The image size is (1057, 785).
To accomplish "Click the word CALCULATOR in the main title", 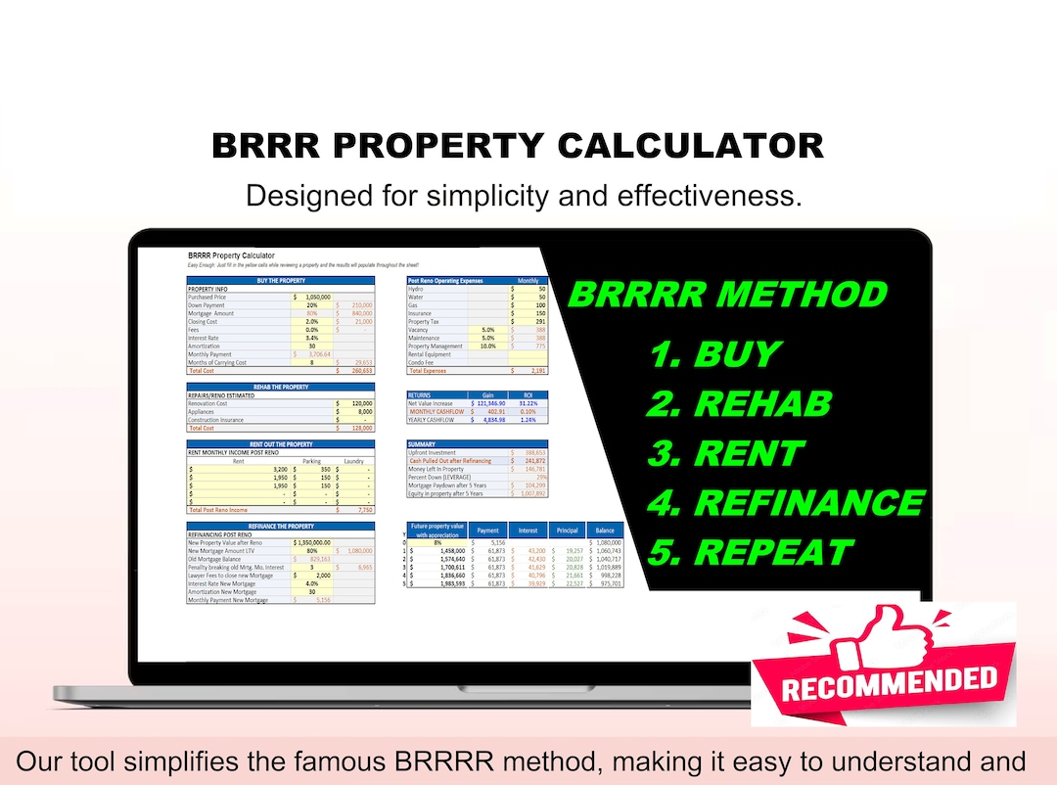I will tap(691, 146).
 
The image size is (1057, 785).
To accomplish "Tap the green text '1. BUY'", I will tap(715, 354).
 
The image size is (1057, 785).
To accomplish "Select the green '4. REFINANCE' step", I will tap(785, 502).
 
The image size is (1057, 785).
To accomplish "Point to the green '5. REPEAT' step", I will tap(749, 552).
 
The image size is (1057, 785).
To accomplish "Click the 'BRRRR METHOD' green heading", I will tap(727, 295).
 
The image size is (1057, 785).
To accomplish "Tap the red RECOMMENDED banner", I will tap(889, 681).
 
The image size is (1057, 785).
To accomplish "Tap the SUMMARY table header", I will tap(422, 444).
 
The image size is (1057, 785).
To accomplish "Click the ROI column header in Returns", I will tap(528, 394).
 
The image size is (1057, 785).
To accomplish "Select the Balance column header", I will tap(604, 531).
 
